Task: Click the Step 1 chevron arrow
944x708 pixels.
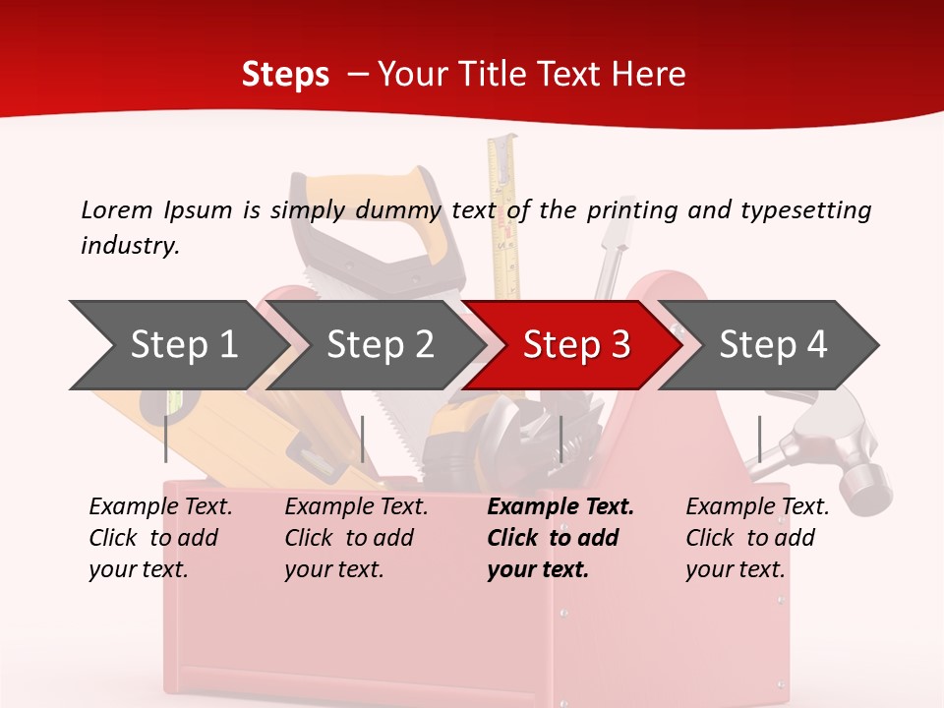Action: coord(183,344)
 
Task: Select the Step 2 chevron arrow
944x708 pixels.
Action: coord(380,344)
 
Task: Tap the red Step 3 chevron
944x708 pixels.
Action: coord(575,344)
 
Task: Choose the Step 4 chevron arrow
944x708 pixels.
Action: coord(772,344)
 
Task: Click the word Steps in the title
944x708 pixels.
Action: coord(285,75)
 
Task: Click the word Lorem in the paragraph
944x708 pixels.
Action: coord(116,209)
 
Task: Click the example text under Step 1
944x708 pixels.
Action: coord(160,538)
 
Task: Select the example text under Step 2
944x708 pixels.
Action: coord(356,538)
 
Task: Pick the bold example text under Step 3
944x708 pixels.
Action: coord(560,538)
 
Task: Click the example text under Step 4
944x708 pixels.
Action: coord(757,538)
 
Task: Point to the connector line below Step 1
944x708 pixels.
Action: coord(166,439)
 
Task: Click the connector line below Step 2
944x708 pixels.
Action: coord(363,439)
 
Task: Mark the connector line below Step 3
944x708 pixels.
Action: coord(560,439)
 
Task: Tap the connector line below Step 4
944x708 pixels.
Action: coord(759,439)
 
